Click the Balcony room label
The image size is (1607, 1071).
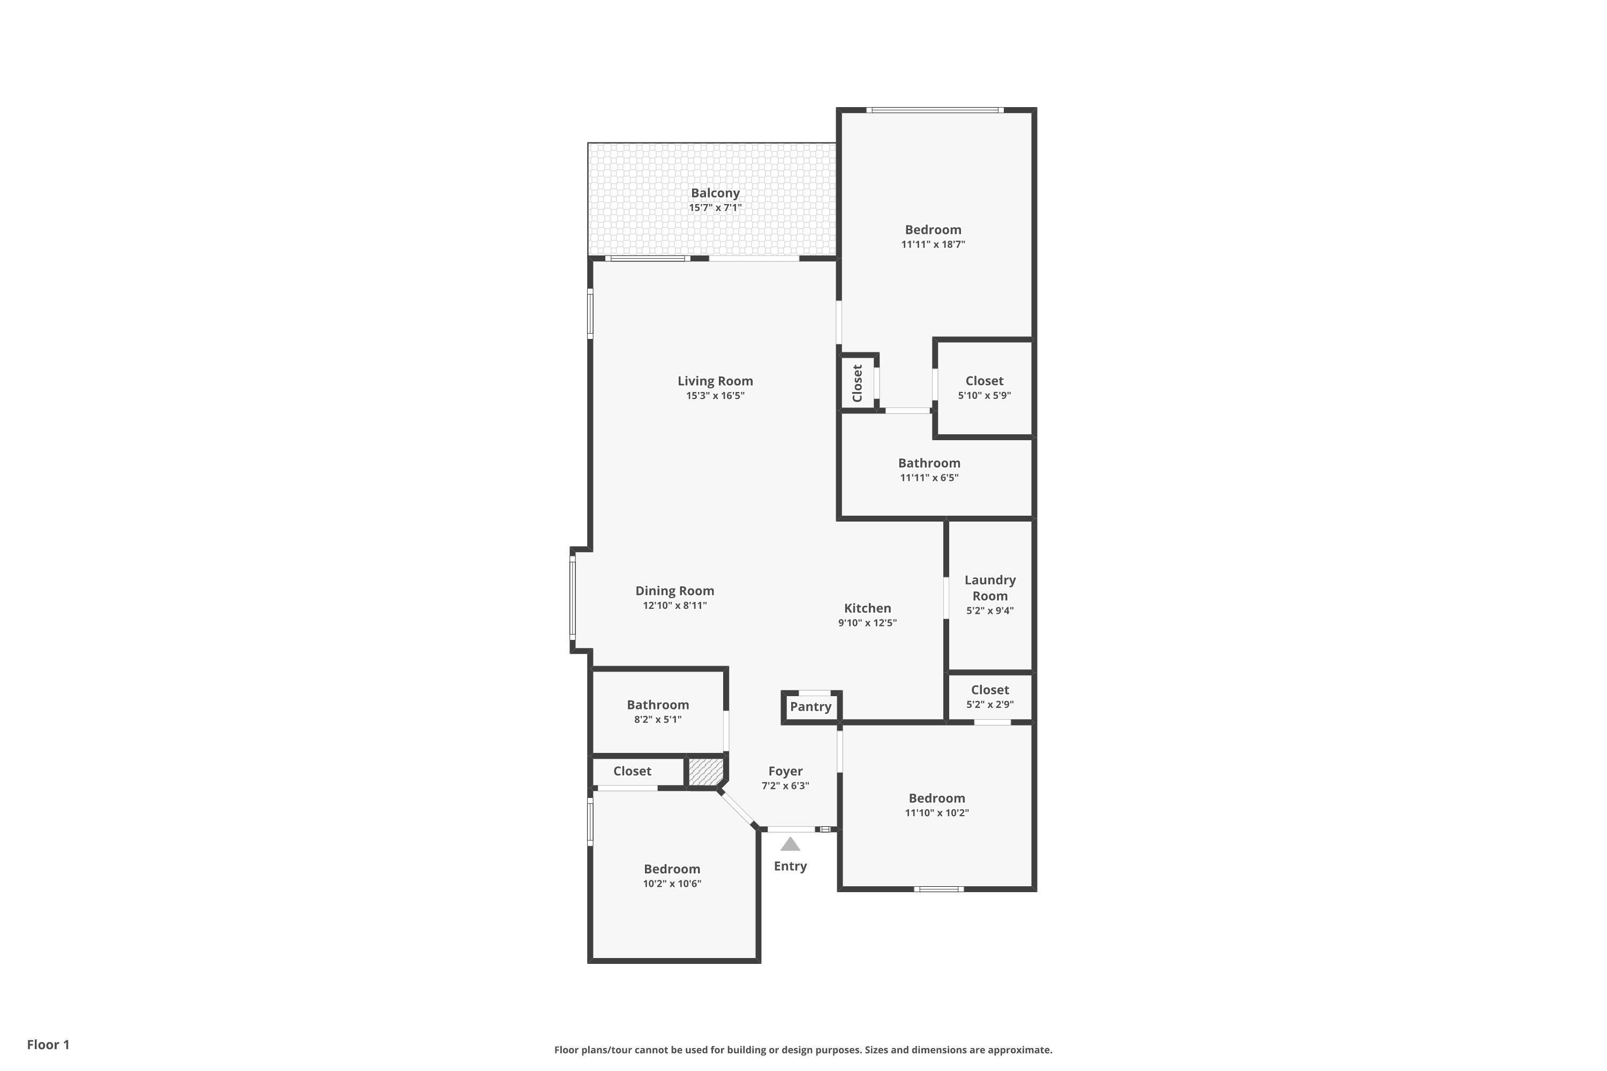(715, 193)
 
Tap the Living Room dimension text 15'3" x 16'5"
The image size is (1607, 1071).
(715, 396)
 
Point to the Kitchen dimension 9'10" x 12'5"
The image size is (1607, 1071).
(867, 623)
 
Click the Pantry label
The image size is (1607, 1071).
(810, 707)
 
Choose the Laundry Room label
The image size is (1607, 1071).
(990, 588)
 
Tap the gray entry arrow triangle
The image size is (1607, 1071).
(791, 844)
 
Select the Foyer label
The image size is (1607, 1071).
(785, 772)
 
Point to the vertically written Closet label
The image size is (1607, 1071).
(858, 383)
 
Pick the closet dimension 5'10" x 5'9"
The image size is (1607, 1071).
(984, 396)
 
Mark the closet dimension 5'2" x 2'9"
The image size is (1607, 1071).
(990, 705)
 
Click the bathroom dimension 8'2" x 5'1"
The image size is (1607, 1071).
(657, 720)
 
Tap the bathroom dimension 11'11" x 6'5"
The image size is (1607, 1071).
(929, 478)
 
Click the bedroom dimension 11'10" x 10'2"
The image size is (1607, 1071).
(937, 813)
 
